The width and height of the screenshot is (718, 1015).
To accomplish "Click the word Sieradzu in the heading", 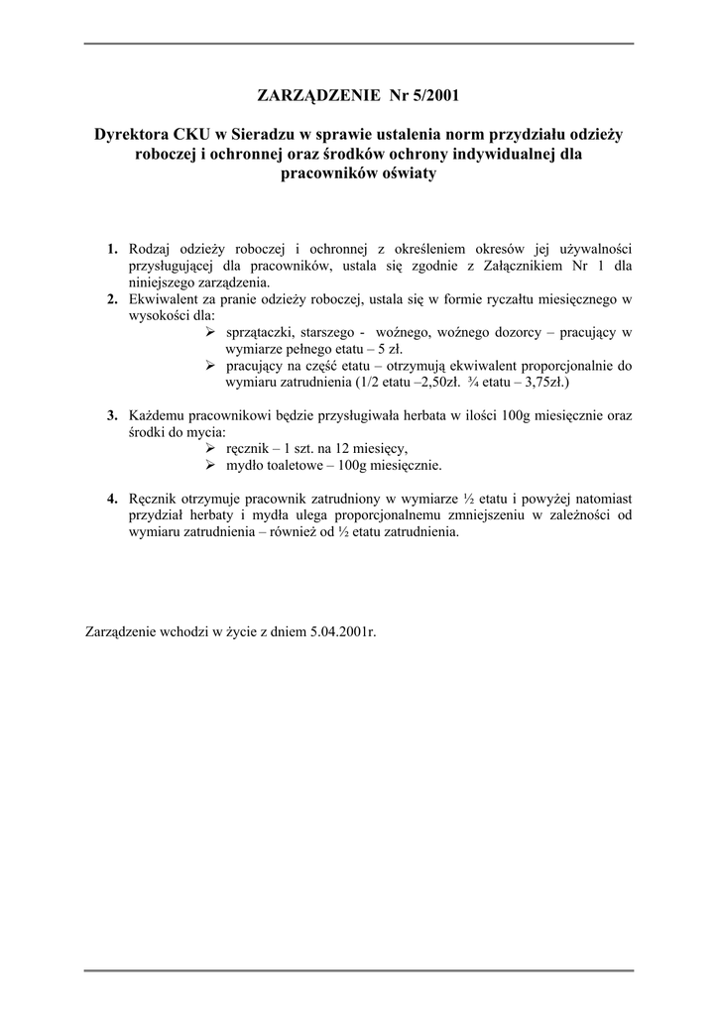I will [x=262, y=134].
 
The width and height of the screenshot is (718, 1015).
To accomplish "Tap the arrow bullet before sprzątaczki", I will [x=210, y=332].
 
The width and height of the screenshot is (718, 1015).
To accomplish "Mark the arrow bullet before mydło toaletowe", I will [x=210, y=465].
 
